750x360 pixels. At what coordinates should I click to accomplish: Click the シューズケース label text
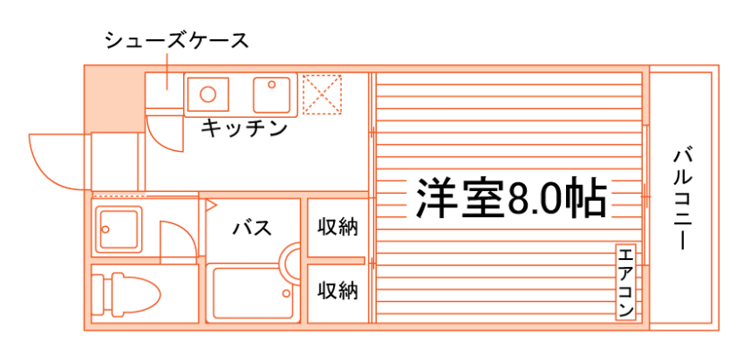tap(175, 41)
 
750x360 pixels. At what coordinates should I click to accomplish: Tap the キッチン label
tap(244, 129)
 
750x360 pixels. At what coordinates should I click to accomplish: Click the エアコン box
tap(625, 281)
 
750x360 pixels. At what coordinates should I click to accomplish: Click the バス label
tap(252, 228)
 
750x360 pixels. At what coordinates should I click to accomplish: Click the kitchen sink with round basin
tap(208, 93)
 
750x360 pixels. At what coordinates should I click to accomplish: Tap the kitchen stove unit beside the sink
tap(273, 92)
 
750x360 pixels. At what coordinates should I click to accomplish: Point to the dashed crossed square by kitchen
tap(322, 93)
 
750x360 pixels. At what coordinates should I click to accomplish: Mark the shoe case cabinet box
tap(164, 90)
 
